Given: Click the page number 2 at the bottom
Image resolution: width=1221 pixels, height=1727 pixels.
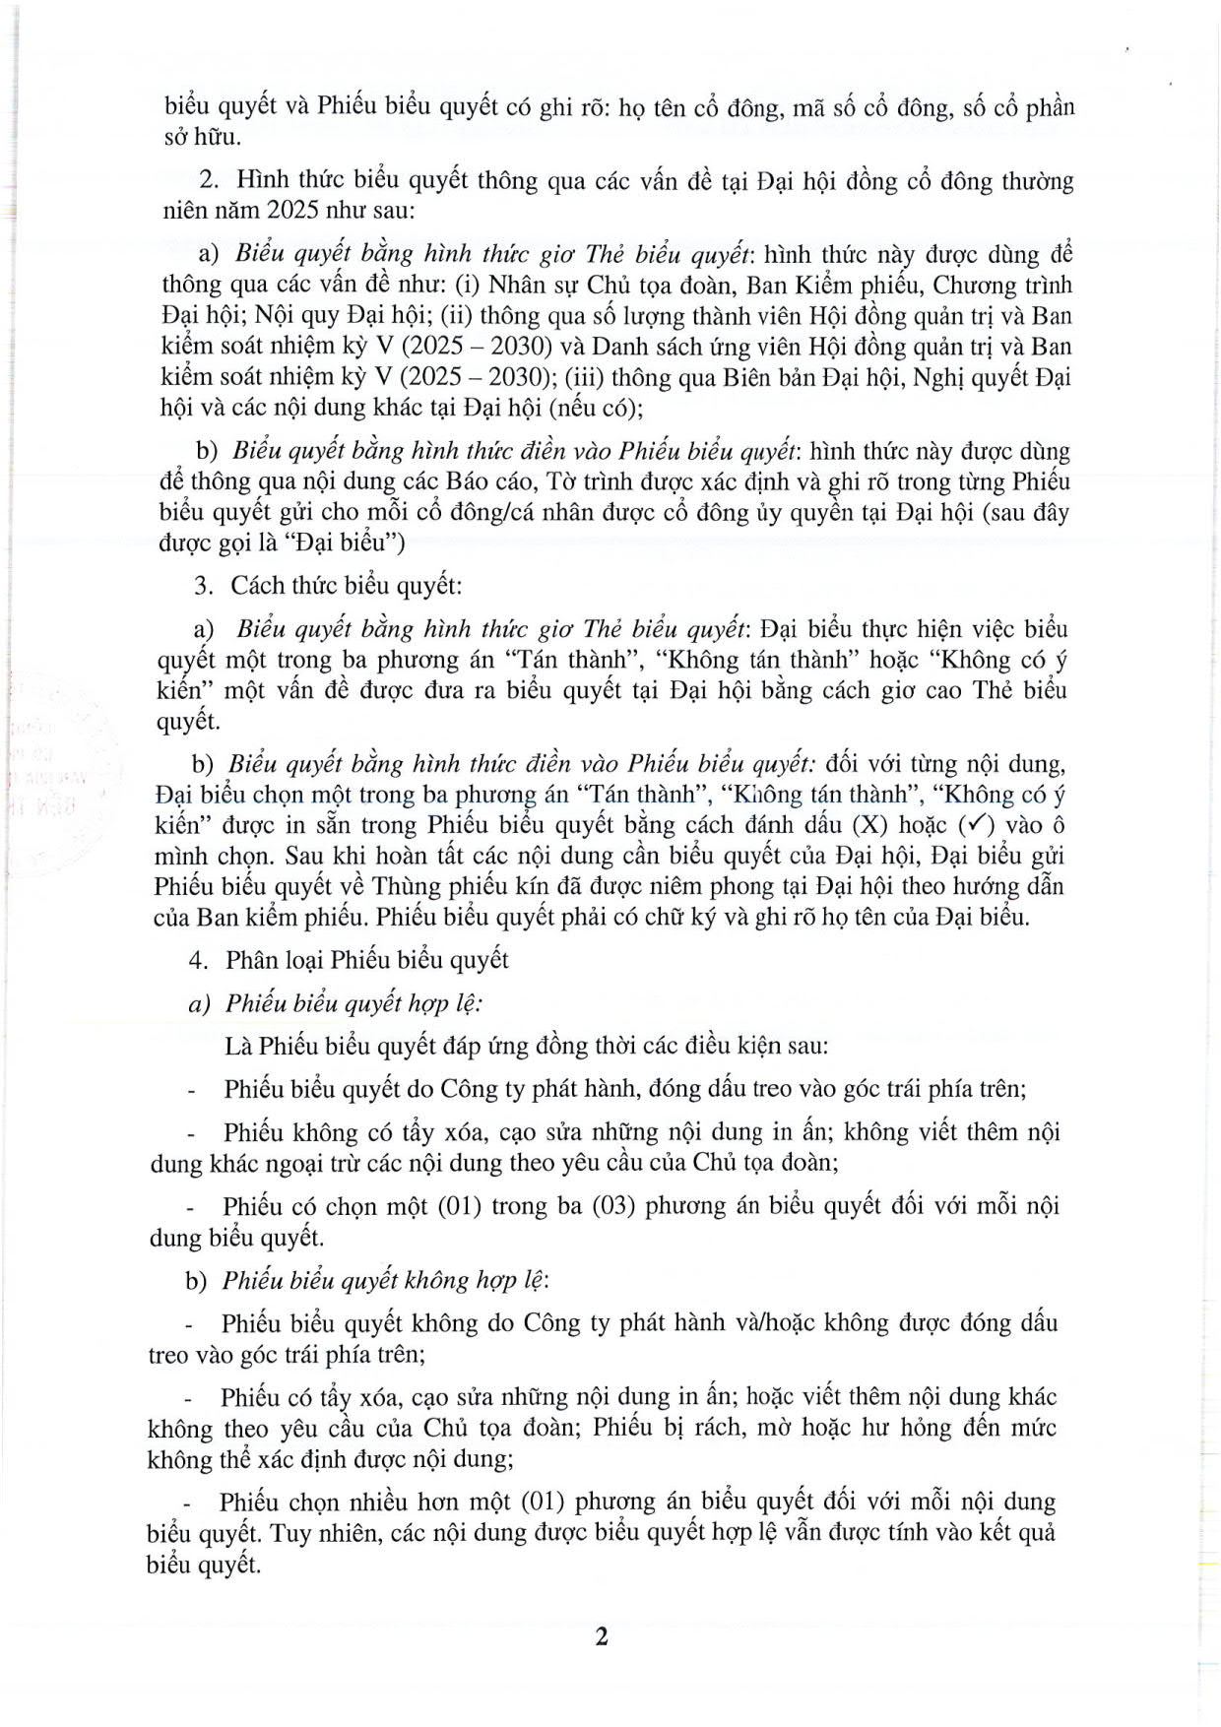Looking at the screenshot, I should (x=602, y=1636).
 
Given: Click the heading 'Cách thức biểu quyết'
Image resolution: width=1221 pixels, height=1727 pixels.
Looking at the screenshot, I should (x=346, y=585).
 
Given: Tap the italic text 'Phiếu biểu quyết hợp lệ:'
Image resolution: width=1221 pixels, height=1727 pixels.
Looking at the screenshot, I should (x=353, y=1002).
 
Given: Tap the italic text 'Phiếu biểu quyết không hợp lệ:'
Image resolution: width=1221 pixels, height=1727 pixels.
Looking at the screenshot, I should (x=385, y=1280).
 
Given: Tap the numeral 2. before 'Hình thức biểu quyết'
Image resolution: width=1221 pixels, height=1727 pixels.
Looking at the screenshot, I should (x=208, y=181).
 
